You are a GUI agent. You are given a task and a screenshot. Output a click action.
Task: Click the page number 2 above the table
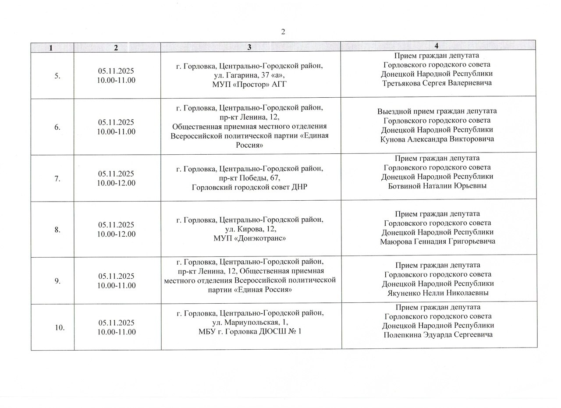283,32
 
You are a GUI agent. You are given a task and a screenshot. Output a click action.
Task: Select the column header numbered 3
249,47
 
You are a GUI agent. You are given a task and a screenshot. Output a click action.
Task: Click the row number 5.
57,76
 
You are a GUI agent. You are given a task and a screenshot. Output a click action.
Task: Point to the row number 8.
57,230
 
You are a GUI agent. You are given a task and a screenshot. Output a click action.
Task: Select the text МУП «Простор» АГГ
249,84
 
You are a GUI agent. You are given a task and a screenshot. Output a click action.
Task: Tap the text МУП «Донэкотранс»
250,238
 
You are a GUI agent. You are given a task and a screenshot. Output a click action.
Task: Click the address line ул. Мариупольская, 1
249,323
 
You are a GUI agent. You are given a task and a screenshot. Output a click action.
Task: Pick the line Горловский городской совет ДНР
250,187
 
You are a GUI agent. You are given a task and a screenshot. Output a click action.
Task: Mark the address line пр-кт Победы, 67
249,178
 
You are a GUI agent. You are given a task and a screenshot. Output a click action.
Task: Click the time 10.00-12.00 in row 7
117,183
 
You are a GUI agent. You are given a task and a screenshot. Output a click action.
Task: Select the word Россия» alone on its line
249,145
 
